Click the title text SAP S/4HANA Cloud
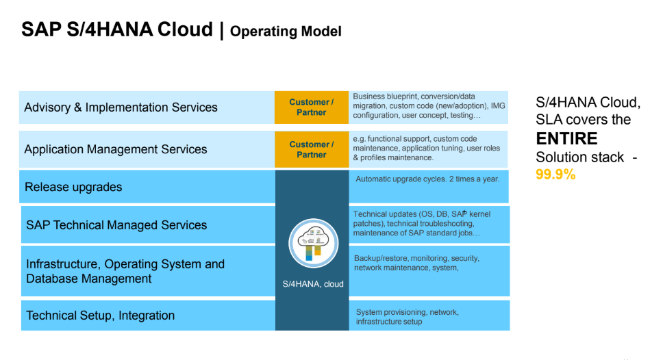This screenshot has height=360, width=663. click(116, 29)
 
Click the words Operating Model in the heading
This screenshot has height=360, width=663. click(286, 31)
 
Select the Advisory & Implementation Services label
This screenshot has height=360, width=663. click(121, 107)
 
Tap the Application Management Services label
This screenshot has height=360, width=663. click(116, 149)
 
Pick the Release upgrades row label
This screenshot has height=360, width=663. click(73, 187)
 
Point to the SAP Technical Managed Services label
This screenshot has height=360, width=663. click(116, 224)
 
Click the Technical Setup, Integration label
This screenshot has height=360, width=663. click(100, 316)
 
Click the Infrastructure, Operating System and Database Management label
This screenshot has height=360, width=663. click(125, 271)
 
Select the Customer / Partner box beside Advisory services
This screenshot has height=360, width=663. click(312, 107)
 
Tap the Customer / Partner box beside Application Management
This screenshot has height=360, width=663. click(312, 149)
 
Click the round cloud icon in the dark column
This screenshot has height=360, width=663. click(313, 244)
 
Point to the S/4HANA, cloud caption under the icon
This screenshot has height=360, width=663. click(313, 284)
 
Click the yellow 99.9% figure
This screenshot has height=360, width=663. click(555, 174)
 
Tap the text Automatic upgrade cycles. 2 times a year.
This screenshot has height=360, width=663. click(427, 179)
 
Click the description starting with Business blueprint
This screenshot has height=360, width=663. click(429, 106)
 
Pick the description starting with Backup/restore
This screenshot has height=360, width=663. click(417, 263)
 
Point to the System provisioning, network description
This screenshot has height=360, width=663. click(408, 317)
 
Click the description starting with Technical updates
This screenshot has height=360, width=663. click(422, 224)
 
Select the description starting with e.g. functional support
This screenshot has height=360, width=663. click(427, 149)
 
